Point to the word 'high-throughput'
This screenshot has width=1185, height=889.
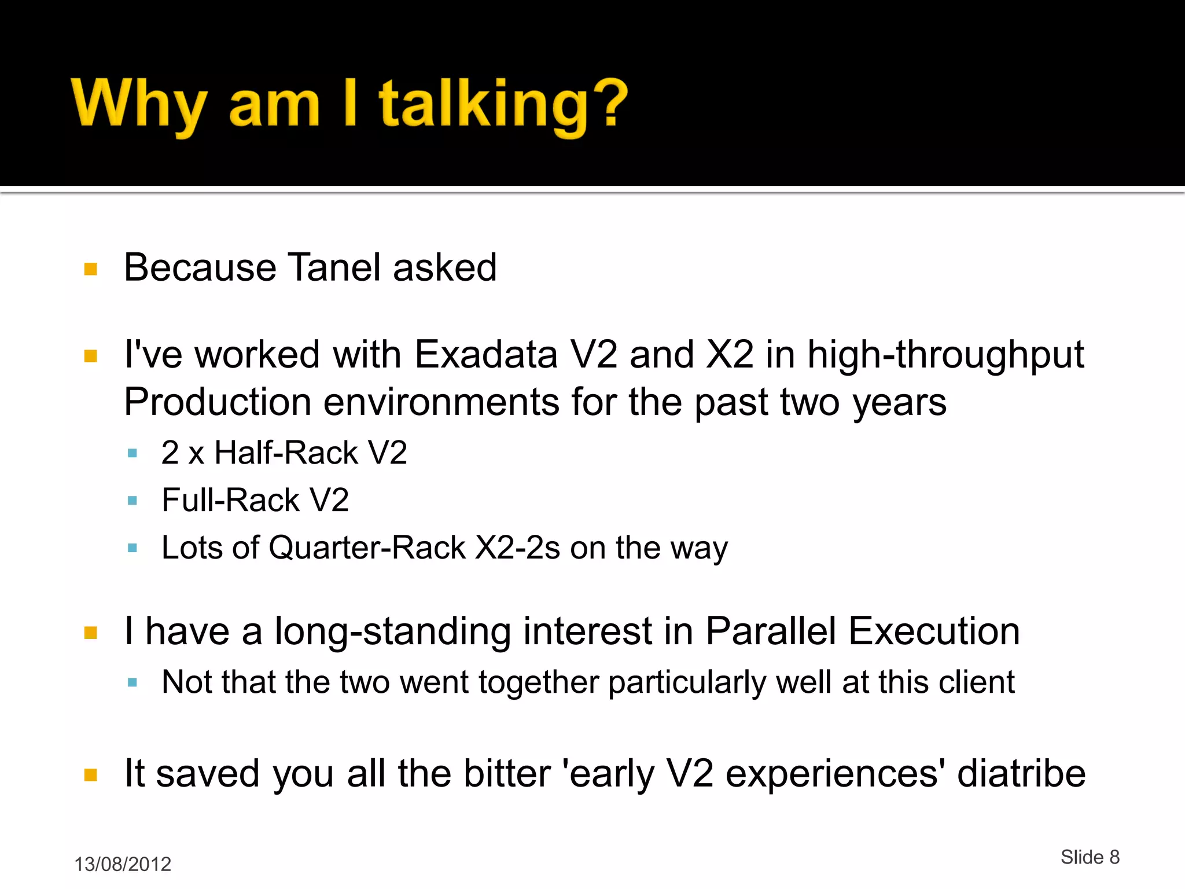tap(945, 354)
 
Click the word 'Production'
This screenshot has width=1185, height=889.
tap(218, 402)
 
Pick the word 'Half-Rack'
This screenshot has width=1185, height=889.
tap(286, 453)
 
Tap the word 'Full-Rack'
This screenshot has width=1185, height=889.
tap(230, 500)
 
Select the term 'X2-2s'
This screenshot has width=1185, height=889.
tap(517, 548)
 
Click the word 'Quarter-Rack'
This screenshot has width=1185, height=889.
tap(367, 548)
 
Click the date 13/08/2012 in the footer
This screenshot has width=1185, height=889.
tap(123, 864)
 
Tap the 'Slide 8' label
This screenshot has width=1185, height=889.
tap(1090, 857)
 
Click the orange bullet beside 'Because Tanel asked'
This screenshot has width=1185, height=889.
tap(91, 269)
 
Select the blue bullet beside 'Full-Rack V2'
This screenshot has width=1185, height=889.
tap(133, 501)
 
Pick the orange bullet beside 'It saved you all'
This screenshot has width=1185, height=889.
tap(91, 775)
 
